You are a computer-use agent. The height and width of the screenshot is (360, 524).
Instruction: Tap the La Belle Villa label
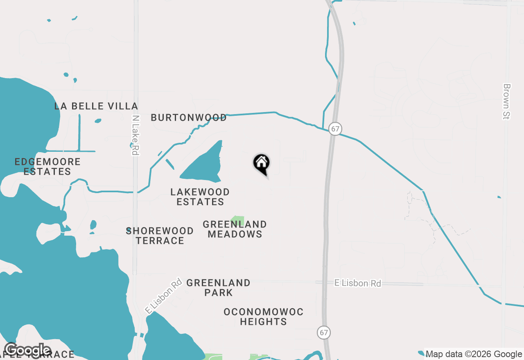96,106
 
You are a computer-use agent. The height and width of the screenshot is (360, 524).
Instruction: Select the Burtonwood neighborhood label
189,118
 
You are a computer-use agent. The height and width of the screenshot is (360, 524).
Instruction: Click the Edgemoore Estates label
47,166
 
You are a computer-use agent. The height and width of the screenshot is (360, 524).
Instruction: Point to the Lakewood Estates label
200,197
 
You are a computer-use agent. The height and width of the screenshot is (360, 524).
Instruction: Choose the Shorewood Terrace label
160,236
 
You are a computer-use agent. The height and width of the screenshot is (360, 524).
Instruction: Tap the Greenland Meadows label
235,229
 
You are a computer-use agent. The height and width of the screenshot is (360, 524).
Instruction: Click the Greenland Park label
218,288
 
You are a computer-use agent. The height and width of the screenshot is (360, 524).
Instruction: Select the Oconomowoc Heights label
263,317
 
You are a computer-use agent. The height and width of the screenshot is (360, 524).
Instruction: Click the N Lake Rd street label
135,135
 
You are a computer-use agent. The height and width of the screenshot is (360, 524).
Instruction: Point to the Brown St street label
507,101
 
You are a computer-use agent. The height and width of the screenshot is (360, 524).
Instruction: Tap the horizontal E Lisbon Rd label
358,283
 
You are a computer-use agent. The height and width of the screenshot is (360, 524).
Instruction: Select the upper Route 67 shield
335,129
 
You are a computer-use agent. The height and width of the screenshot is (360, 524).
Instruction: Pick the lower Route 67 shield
324,332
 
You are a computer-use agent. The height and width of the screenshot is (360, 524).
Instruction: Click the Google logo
27,351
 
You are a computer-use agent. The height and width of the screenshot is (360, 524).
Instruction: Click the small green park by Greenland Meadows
238,221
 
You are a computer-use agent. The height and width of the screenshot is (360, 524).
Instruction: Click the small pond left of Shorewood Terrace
93,225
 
